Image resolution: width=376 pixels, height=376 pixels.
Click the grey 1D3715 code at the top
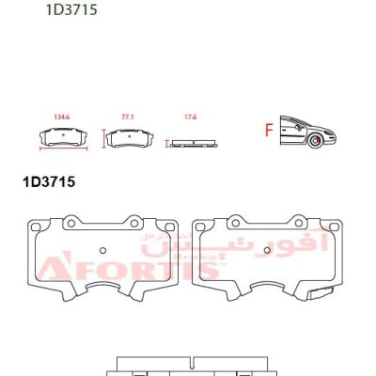(x=71, y=9)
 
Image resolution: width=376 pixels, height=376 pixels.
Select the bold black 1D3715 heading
(x=49, y=181)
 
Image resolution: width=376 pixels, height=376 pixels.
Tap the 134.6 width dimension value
(x=62, y=117)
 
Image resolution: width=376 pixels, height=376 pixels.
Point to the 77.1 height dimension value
(x=128, y=117)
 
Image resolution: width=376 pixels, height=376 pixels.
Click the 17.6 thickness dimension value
(x=191, y=117)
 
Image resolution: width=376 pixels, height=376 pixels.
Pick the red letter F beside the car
(x=269, y=130)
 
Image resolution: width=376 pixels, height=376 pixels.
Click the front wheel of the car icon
(x=314, y=141)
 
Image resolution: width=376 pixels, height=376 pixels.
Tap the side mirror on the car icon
(x=298, y=127)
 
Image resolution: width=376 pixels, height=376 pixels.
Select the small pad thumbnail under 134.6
(x=63, y=137)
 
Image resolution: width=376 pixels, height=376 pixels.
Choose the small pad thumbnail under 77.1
(x=130, y=138)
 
